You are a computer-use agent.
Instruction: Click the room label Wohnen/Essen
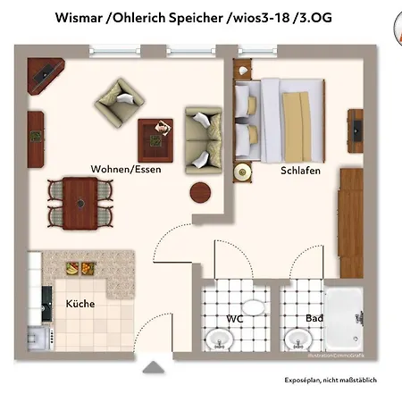126,170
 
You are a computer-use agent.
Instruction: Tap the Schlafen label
300,170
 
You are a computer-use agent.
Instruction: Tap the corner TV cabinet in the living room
44,76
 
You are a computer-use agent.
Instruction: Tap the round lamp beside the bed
241,172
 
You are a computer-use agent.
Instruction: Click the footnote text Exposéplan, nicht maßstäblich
331,380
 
